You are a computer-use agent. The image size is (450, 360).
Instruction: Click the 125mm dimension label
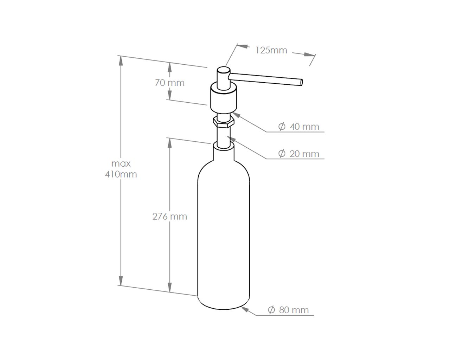pyautogui.click(x=271, y=50)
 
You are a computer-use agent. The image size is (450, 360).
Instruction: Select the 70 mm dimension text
pyautogui.click(x=169, y=83)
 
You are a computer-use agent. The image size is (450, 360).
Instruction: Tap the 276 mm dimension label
pyautogui.click(x=169, y=217)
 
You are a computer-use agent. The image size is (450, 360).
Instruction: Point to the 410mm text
pyautogui.click(x=121, y=174)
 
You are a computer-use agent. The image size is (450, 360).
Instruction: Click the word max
pyautogui.click(x=121, y=163)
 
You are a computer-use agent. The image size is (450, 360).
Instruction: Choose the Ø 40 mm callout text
pyautogui.click(x=298, y=127)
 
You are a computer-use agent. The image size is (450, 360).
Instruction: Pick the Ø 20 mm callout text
pyautogui.click(x=298, y=154)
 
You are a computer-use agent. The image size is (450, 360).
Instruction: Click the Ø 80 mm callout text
pyautogui.click(x=288, y=310)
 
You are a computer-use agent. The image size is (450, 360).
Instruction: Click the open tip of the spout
pyautogui.click(x=301, y=82)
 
